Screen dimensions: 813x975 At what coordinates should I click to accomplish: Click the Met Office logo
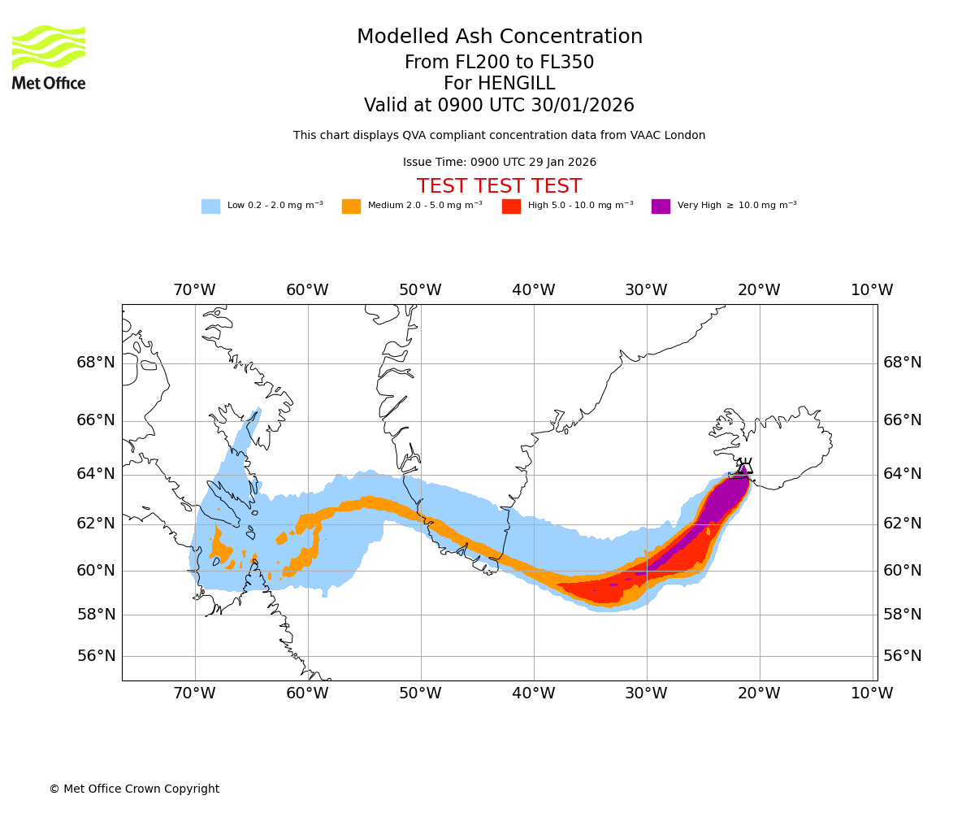(x=49, y=57)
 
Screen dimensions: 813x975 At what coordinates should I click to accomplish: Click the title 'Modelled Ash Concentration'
(x=499, y=37)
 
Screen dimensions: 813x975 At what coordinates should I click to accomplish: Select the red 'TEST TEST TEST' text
(x=499, y=187)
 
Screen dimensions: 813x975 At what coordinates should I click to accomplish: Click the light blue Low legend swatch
(x=210, y=207)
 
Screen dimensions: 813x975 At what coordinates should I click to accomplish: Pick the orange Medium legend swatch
(x=351, y=207)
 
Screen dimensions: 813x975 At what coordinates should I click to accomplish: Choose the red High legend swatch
(x=511, y=207)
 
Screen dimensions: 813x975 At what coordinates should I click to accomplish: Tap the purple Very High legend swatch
(x=661, y=207)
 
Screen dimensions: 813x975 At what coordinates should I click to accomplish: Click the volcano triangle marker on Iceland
(x=744, y=468)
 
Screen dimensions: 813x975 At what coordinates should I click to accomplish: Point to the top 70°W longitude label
(x=194, y=290)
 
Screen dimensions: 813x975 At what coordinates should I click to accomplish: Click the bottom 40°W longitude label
(x=533, y=693)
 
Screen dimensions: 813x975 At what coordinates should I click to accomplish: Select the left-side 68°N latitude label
(x=96, y=363)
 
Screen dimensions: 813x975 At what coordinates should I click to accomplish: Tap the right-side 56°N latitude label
(x=903, y=656)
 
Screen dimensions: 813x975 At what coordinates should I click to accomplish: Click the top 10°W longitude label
(x=872, y=290)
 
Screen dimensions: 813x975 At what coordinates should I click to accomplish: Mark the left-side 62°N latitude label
(x=96, y=524)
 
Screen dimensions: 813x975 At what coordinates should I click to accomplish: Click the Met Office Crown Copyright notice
(x=134, y=789)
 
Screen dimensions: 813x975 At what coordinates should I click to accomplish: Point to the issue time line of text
(x=499, y=163)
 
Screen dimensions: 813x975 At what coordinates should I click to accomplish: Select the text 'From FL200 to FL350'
(x=499, y=63)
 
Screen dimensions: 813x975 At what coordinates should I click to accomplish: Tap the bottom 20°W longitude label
(x=759, y=693)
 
